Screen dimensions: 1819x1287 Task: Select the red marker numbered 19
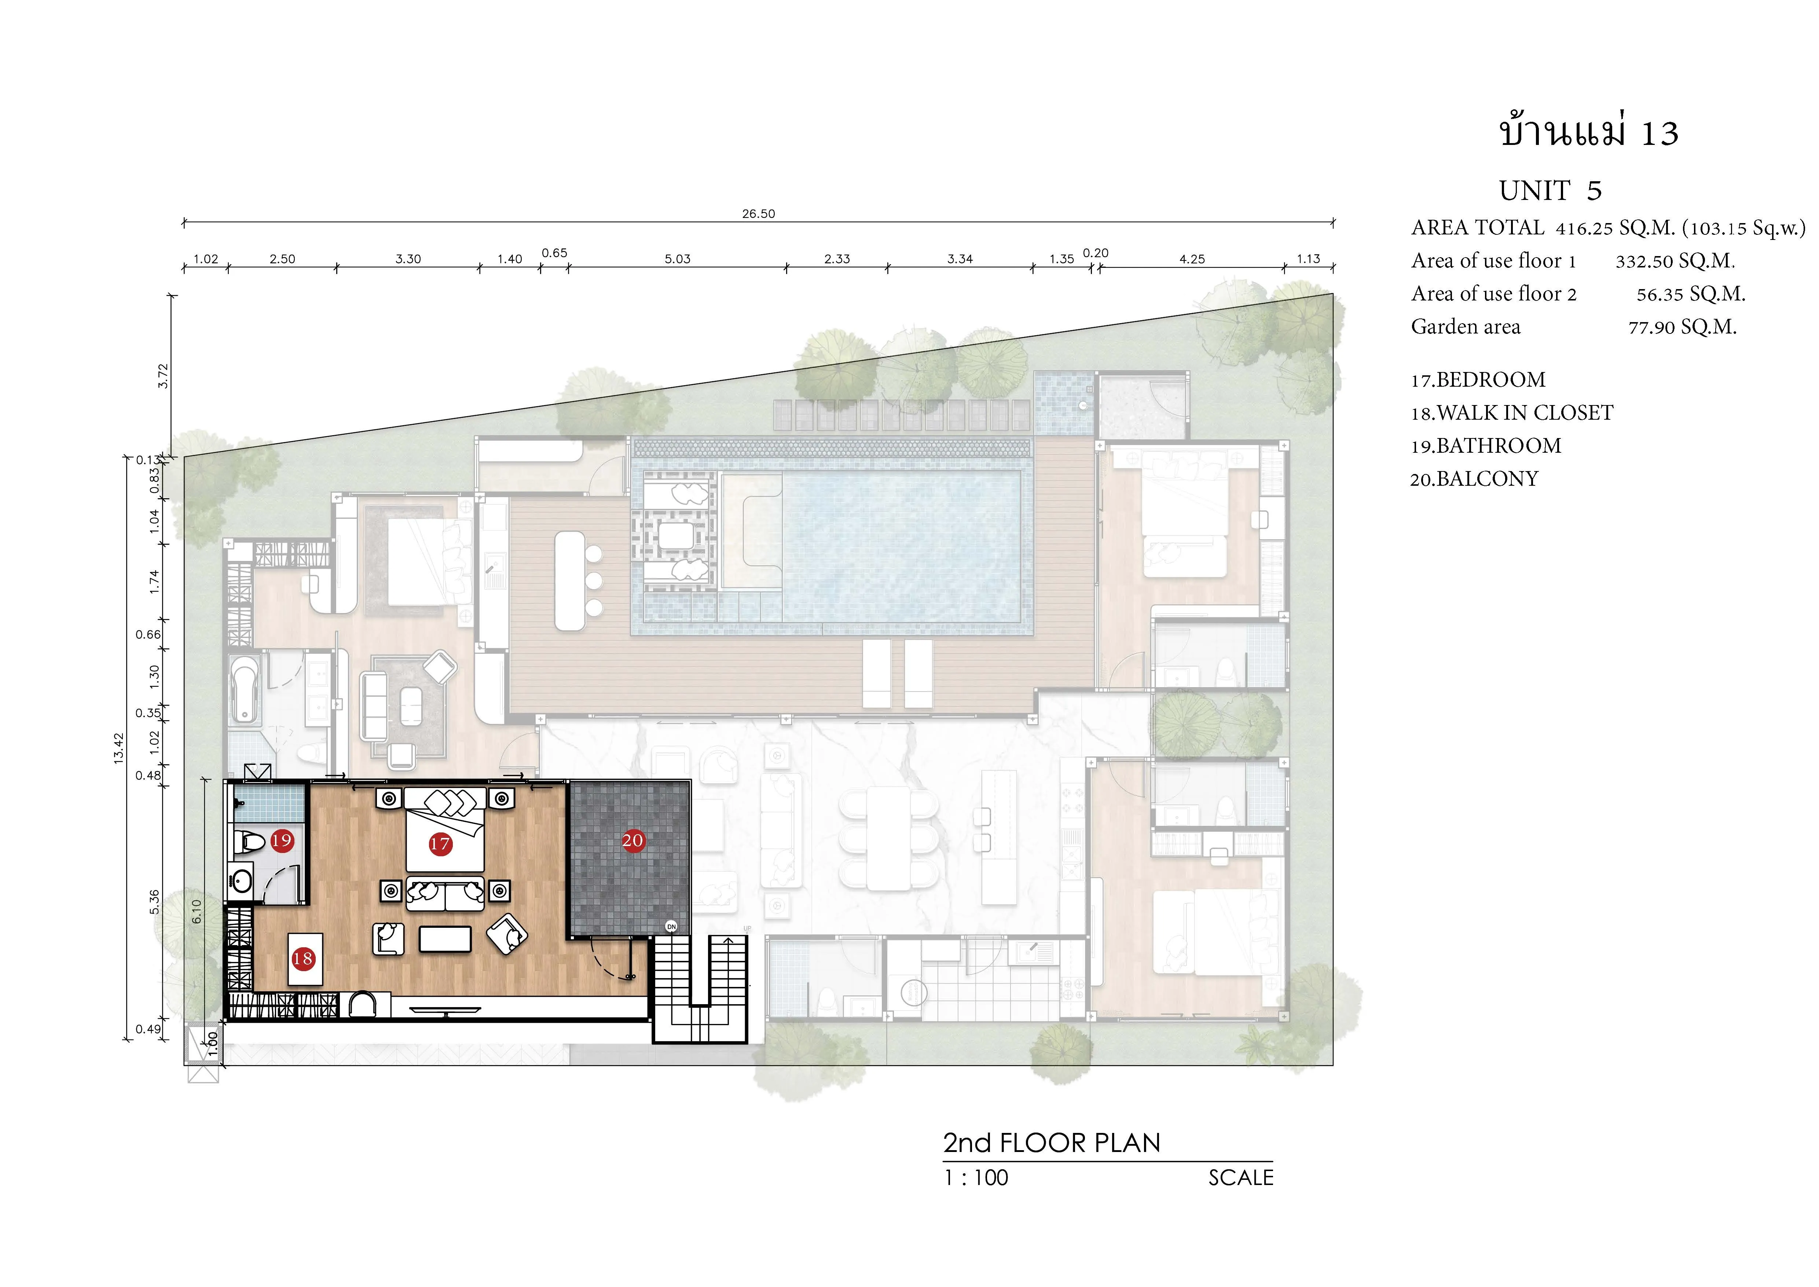coord(282,840)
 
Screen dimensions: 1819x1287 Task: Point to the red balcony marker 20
coord(632,840)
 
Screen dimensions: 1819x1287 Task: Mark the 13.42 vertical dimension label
coord(119,747)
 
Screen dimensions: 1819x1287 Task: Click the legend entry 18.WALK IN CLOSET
coord(1512,413)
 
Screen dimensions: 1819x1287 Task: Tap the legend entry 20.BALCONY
coord(1474,479)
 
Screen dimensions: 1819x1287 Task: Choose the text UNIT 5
coord(1551,191)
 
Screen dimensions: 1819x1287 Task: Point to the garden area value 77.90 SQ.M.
coord(1683,327)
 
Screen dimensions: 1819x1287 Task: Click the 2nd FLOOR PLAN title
coord(1051,1143)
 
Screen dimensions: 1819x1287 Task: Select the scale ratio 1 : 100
coord(975,1178)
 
